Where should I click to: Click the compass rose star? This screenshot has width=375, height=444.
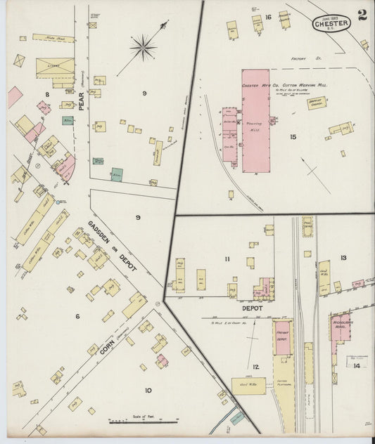click(x=143, y=48)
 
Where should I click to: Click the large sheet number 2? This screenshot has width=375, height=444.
click(x=361, y=15)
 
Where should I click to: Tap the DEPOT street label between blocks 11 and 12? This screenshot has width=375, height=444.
click(x=252, y=308)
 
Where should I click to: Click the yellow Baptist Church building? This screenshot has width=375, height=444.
click(x=316, y=103)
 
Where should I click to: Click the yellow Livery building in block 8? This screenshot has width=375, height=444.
click(x=56, y=68)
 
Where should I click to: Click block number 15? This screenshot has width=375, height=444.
click(x=292, y=136)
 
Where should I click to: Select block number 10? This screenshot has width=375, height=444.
click(x=148, y=390)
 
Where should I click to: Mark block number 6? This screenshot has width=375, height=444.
click(x=78, y=316)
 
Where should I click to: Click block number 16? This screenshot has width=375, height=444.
click(x=268, y=16)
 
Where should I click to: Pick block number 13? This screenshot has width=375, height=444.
click(x=343, y=258)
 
